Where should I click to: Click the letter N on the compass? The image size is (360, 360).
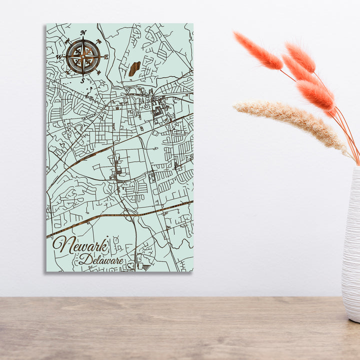(x=83, y=33)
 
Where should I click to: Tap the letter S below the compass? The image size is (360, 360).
(x=82, y=80)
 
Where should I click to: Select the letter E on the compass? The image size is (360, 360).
(x=106, y=56)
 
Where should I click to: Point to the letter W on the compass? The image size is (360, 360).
(x=59, y=57)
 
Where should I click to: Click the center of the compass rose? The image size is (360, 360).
(x=83, y=56)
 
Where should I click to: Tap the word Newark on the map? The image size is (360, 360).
(x=80, y=245)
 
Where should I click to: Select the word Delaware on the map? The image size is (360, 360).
(x=100, y=259)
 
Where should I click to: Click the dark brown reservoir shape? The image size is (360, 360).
(x=134, y=68)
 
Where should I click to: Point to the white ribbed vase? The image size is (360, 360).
(x=351, y=245)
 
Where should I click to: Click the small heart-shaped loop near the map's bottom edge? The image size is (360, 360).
(x=130, y=265)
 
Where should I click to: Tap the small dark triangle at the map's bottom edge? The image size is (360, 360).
(x=146, y=267)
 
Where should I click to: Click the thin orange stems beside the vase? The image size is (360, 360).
(x=350, y=135)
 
